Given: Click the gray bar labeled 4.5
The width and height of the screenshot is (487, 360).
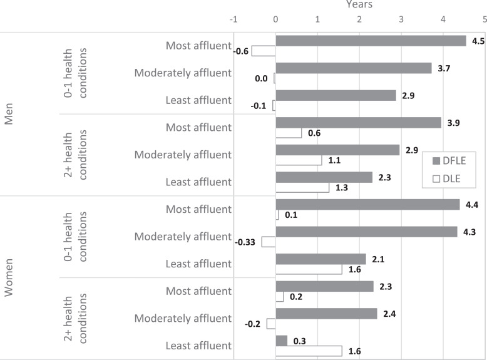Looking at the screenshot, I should [371, 41].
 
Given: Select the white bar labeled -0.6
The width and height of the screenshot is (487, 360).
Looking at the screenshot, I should [264, 51].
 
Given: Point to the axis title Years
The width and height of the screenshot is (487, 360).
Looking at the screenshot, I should [359, 5].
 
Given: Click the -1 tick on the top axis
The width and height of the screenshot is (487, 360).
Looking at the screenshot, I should [234, 19].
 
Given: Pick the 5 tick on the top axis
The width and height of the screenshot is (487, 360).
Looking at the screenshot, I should [484, 19].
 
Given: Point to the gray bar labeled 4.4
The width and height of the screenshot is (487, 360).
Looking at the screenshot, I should [367, 205].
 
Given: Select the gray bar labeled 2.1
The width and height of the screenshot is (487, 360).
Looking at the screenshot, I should [320, 259].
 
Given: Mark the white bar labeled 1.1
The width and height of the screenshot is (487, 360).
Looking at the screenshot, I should [299, 160].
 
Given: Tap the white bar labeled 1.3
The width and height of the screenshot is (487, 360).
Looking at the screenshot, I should [302, 187].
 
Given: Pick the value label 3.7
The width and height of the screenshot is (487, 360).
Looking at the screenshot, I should [441, 68].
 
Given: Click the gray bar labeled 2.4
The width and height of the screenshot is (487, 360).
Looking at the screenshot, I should [326, 314].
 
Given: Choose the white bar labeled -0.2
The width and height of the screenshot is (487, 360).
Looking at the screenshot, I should [271, 324].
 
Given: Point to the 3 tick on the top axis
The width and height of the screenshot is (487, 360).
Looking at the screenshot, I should [401, 19].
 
